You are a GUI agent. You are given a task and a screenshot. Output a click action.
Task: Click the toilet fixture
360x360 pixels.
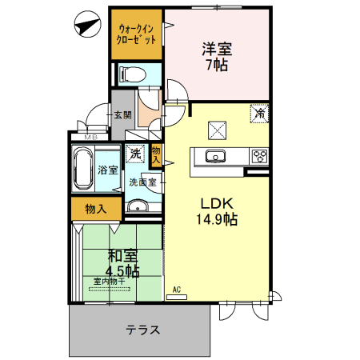point(131,75)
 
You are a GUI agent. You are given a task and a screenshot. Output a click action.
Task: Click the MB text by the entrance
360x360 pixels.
point(90,137)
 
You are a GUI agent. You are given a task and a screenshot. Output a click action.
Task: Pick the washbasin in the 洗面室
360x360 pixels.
point(138,209)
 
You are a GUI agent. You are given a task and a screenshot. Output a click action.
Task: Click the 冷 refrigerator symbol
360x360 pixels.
point(259,114)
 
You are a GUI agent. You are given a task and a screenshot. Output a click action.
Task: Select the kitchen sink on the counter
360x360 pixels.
point(217,156)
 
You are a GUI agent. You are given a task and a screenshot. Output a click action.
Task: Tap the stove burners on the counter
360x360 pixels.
point(259,155)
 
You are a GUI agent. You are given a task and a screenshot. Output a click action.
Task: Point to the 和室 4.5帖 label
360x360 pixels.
point(122,263)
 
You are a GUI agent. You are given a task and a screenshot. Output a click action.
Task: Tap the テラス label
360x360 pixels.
point(142,329)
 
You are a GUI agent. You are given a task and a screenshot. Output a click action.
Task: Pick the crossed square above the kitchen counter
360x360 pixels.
point(218,129)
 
